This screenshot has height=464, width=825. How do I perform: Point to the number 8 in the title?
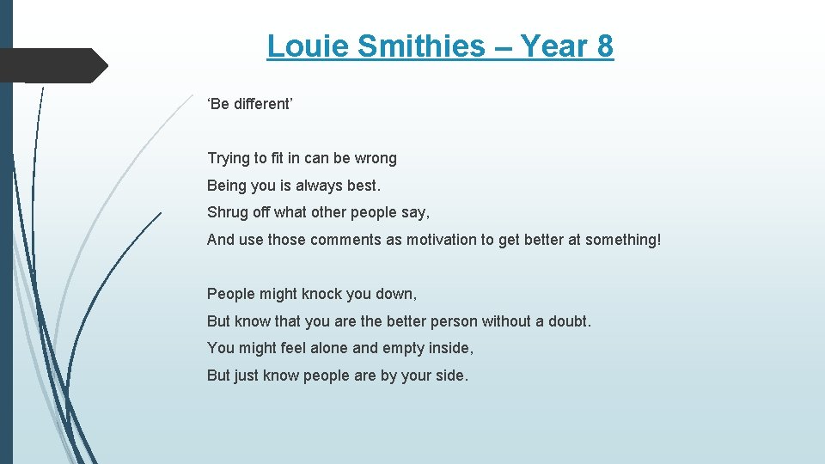tap(604, 46)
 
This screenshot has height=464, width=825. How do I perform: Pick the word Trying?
tap(228, 159)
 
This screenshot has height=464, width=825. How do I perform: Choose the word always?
tap(319, 186)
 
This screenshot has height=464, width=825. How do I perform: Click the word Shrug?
tap(227, 213)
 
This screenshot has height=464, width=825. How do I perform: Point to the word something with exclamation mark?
tap(623, 241)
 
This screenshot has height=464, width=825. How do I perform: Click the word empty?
tap(404, 349)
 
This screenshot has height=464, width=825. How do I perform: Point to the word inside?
tap(452, 348)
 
